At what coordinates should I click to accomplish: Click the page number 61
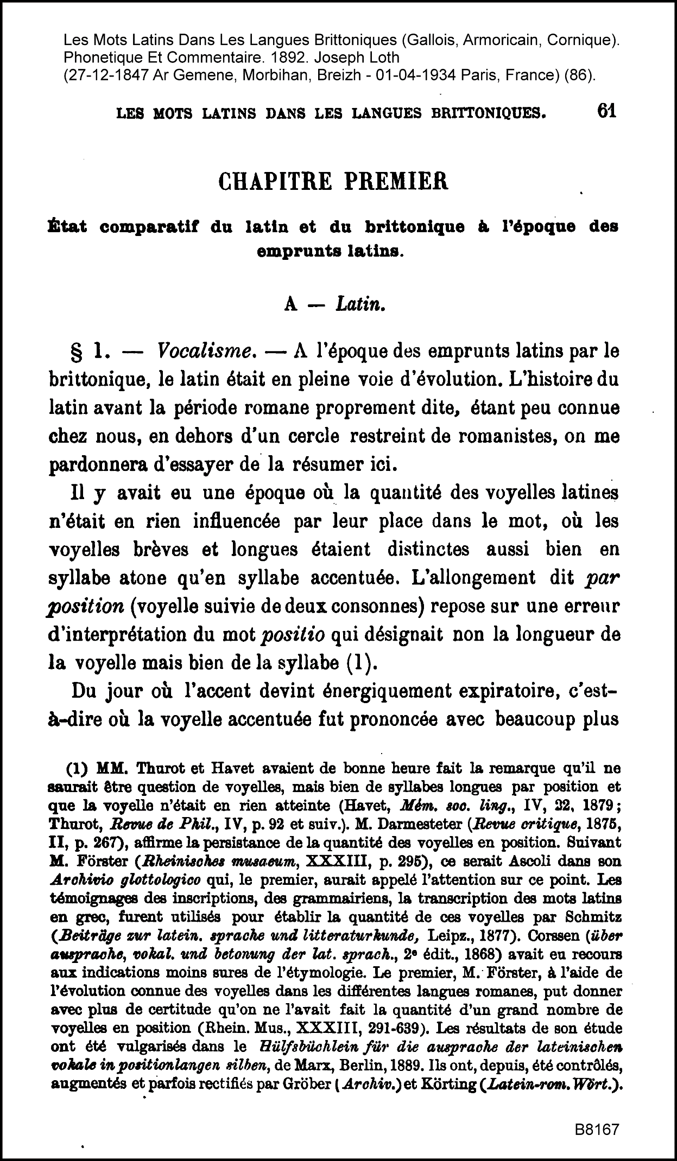pos(606,111)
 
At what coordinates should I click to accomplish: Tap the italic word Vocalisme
pos(206,352)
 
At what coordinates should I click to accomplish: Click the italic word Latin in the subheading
pos(360,305)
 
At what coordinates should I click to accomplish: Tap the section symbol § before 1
pos(77,352)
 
